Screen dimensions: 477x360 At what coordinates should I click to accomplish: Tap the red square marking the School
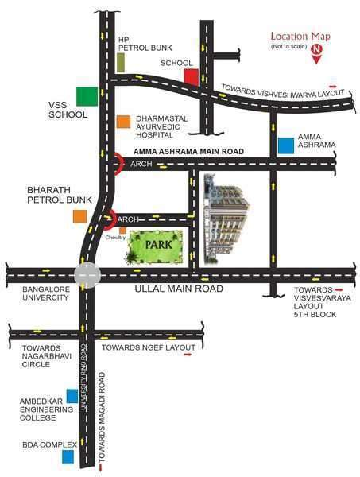tap(191, 76)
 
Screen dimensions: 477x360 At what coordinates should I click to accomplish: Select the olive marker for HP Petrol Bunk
tap(120, 62)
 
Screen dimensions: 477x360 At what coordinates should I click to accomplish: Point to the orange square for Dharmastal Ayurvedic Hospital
tap(123, 122)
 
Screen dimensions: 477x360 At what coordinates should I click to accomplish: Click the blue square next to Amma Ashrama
tap(285, 145)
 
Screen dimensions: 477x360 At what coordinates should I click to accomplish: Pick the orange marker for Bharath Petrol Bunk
tap(79, 216)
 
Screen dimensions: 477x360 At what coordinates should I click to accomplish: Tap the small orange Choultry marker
tap(122, 231)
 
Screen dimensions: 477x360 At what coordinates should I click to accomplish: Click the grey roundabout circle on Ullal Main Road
tap(87, 274)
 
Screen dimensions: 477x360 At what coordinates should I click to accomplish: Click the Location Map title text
tap(300, 36)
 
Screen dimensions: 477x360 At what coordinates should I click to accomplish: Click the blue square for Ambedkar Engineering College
tap(72, 395)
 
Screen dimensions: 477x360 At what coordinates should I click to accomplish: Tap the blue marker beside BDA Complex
tap(68, 456)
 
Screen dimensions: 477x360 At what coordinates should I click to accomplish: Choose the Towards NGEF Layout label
tap(148, 348)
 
